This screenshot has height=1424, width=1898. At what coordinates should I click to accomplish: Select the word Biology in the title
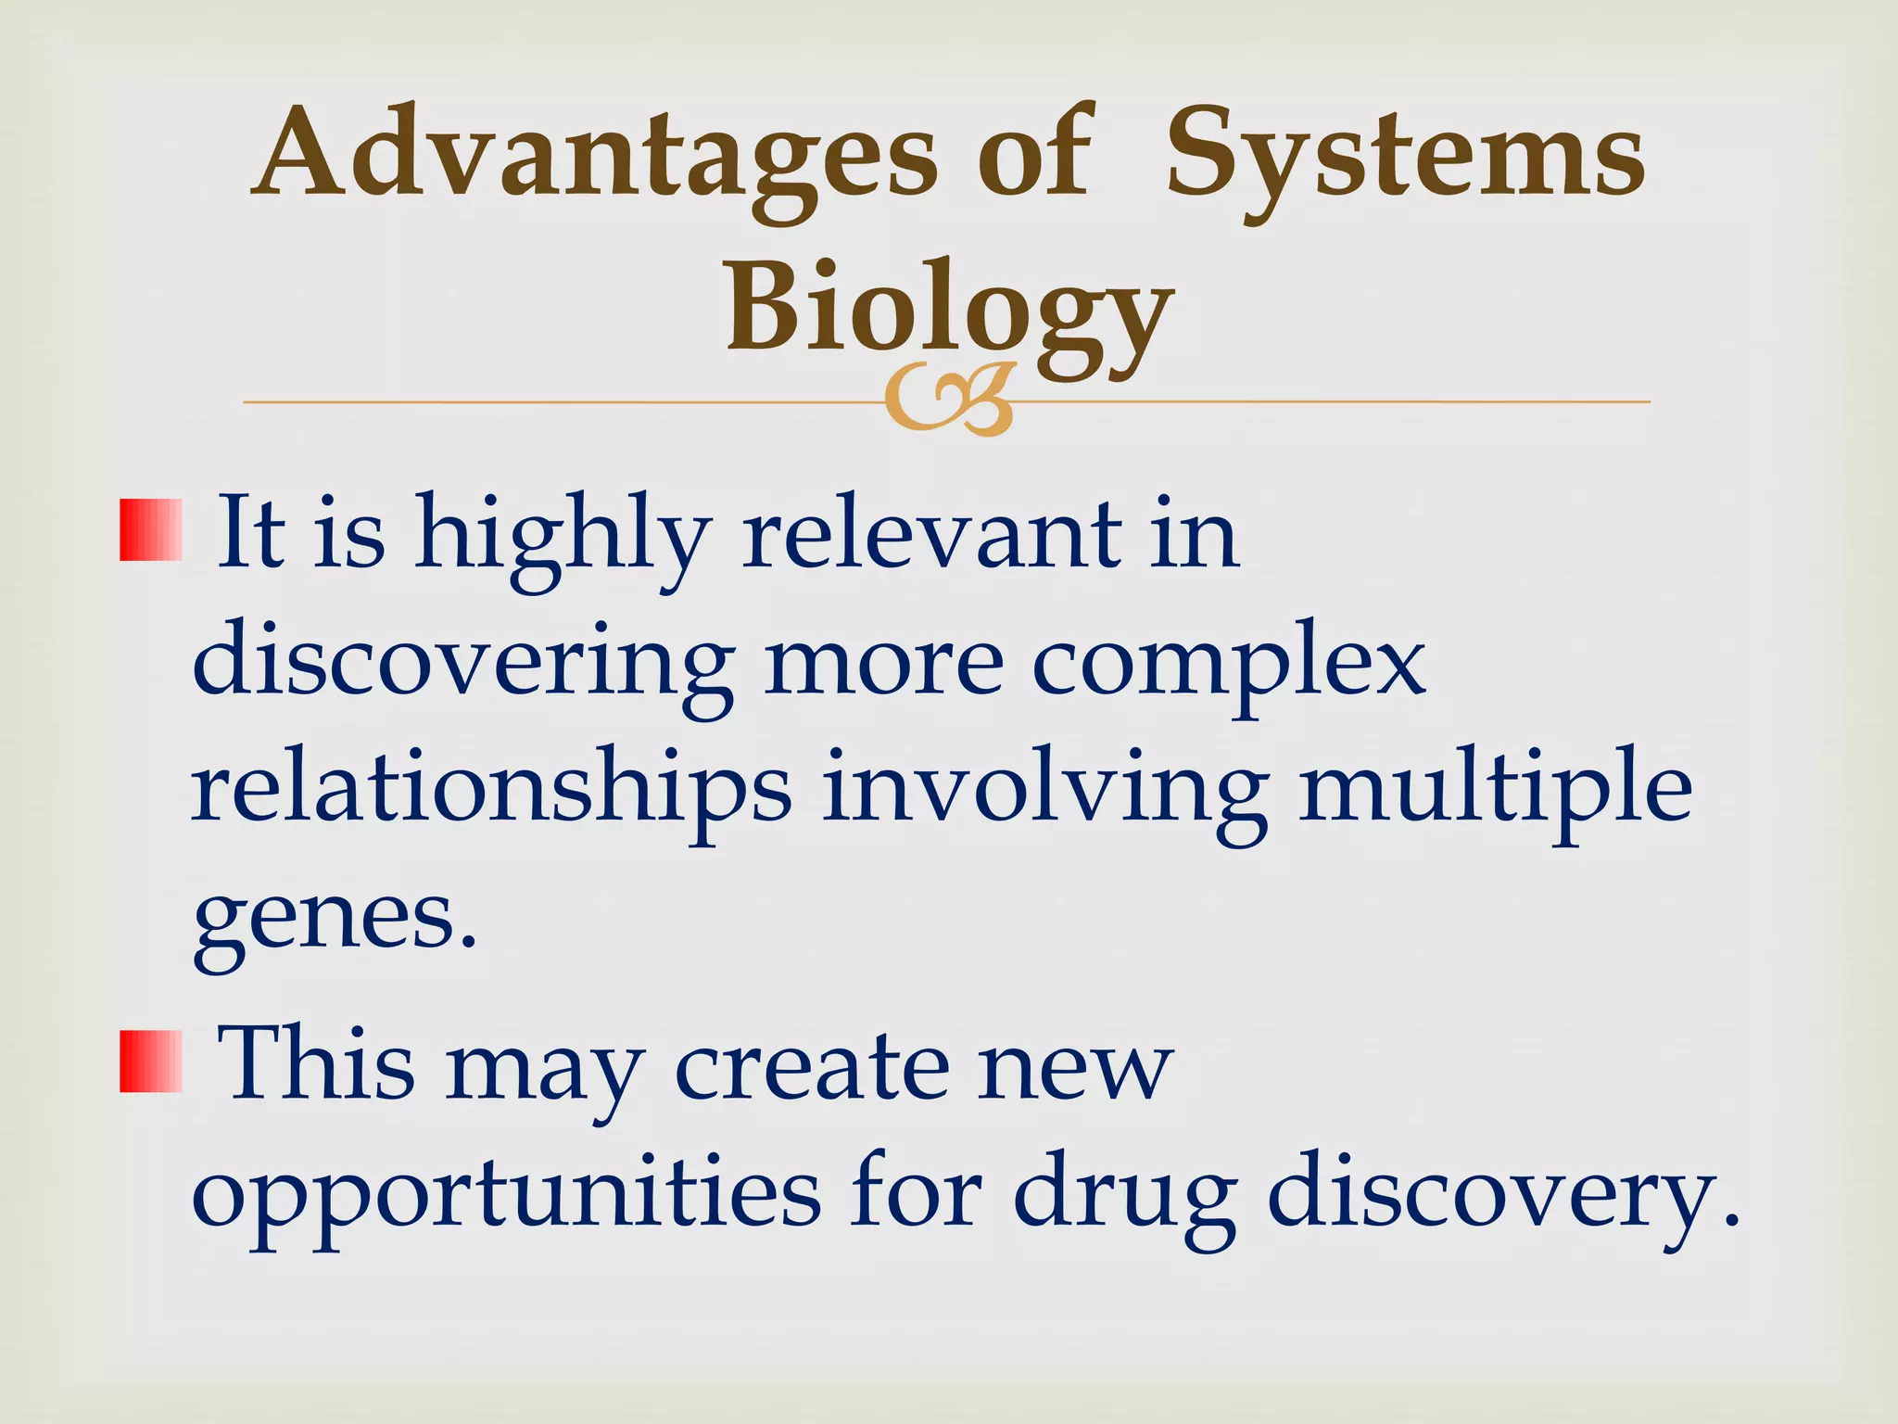[x=949, y=311]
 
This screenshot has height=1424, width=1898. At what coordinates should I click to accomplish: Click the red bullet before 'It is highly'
[x=150, y=529]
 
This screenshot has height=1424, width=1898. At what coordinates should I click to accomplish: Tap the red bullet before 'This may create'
[x=150, y=1061]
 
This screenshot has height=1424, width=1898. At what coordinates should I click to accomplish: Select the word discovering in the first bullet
[x=463, y=665]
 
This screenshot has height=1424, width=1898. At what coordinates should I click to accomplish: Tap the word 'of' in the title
[x=1035, y=156]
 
